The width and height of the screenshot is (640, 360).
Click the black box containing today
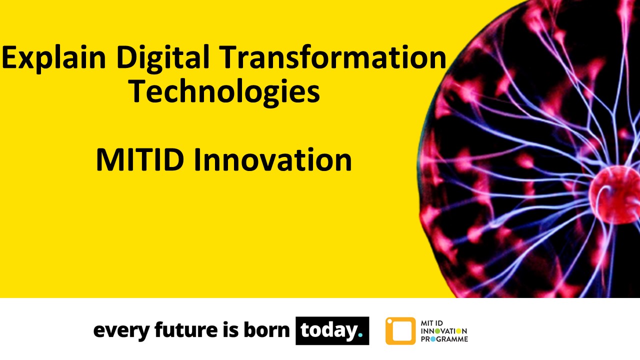(332, 330)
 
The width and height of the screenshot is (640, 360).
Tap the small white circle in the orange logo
(389, 321)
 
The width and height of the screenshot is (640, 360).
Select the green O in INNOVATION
(437, 331)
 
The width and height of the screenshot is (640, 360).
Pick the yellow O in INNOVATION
(459, 331)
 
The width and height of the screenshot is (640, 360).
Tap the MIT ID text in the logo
(432, 323)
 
